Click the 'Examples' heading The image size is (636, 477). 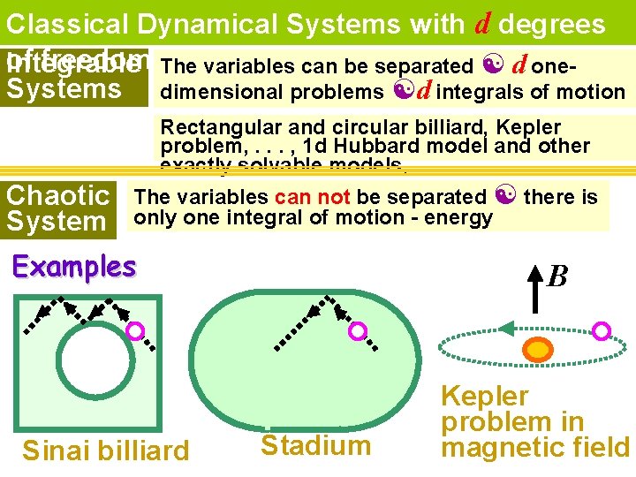(x=74, y=266)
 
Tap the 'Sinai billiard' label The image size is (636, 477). (x=105, y=450)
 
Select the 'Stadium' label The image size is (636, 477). (x=315, y=444)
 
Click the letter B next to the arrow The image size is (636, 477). (x=557, y=276)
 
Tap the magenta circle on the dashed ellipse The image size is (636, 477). (x=602, y=330)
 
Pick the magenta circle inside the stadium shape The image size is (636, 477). (x=358, y=330)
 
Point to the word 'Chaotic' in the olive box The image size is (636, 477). (x=57, y=195)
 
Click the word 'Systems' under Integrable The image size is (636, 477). (x=64, y=88)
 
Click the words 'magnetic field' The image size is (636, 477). (x=535, y=447)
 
